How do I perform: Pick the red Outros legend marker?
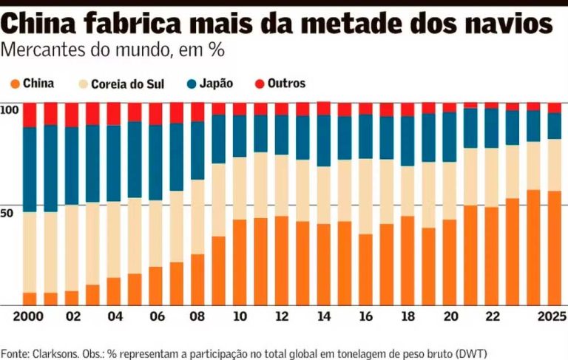pos(260,84)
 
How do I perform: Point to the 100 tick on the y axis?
pos(9,109)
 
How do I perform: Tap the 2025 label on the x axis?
pos(551,316)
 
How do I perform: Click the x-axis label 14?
pos(323,316)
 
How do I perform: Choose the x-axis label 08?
pos(197,316)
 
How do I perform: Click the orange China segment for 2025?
pos(554,248)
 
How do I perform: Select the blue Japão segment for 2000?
pos(30,169)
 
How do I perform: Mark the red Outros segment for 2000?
pos(30,115)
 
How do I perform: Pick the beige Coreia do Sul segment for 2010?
pos(240,188)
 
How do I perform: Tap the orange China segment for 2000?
pos(30,299)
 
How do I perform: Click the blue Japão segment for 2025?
pos(554,126)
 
